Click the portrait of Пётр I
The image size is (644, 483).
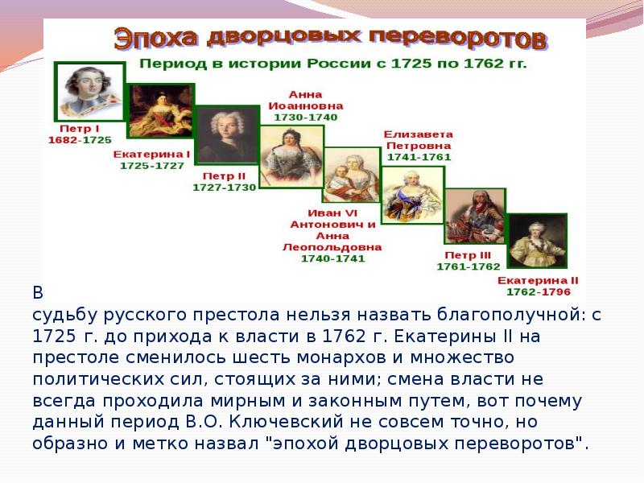tap(89, 90)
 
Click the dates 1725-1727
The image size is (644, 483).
tap(151, 165)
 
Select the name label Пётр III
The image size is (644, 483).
tap(468, 254)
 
